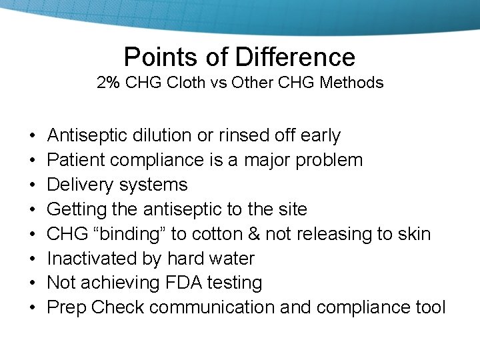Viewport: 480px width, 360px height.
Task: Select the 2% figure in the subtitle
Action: point(107,83)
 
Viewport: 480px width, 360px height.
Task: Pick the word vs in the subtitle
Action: point(217,83)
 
